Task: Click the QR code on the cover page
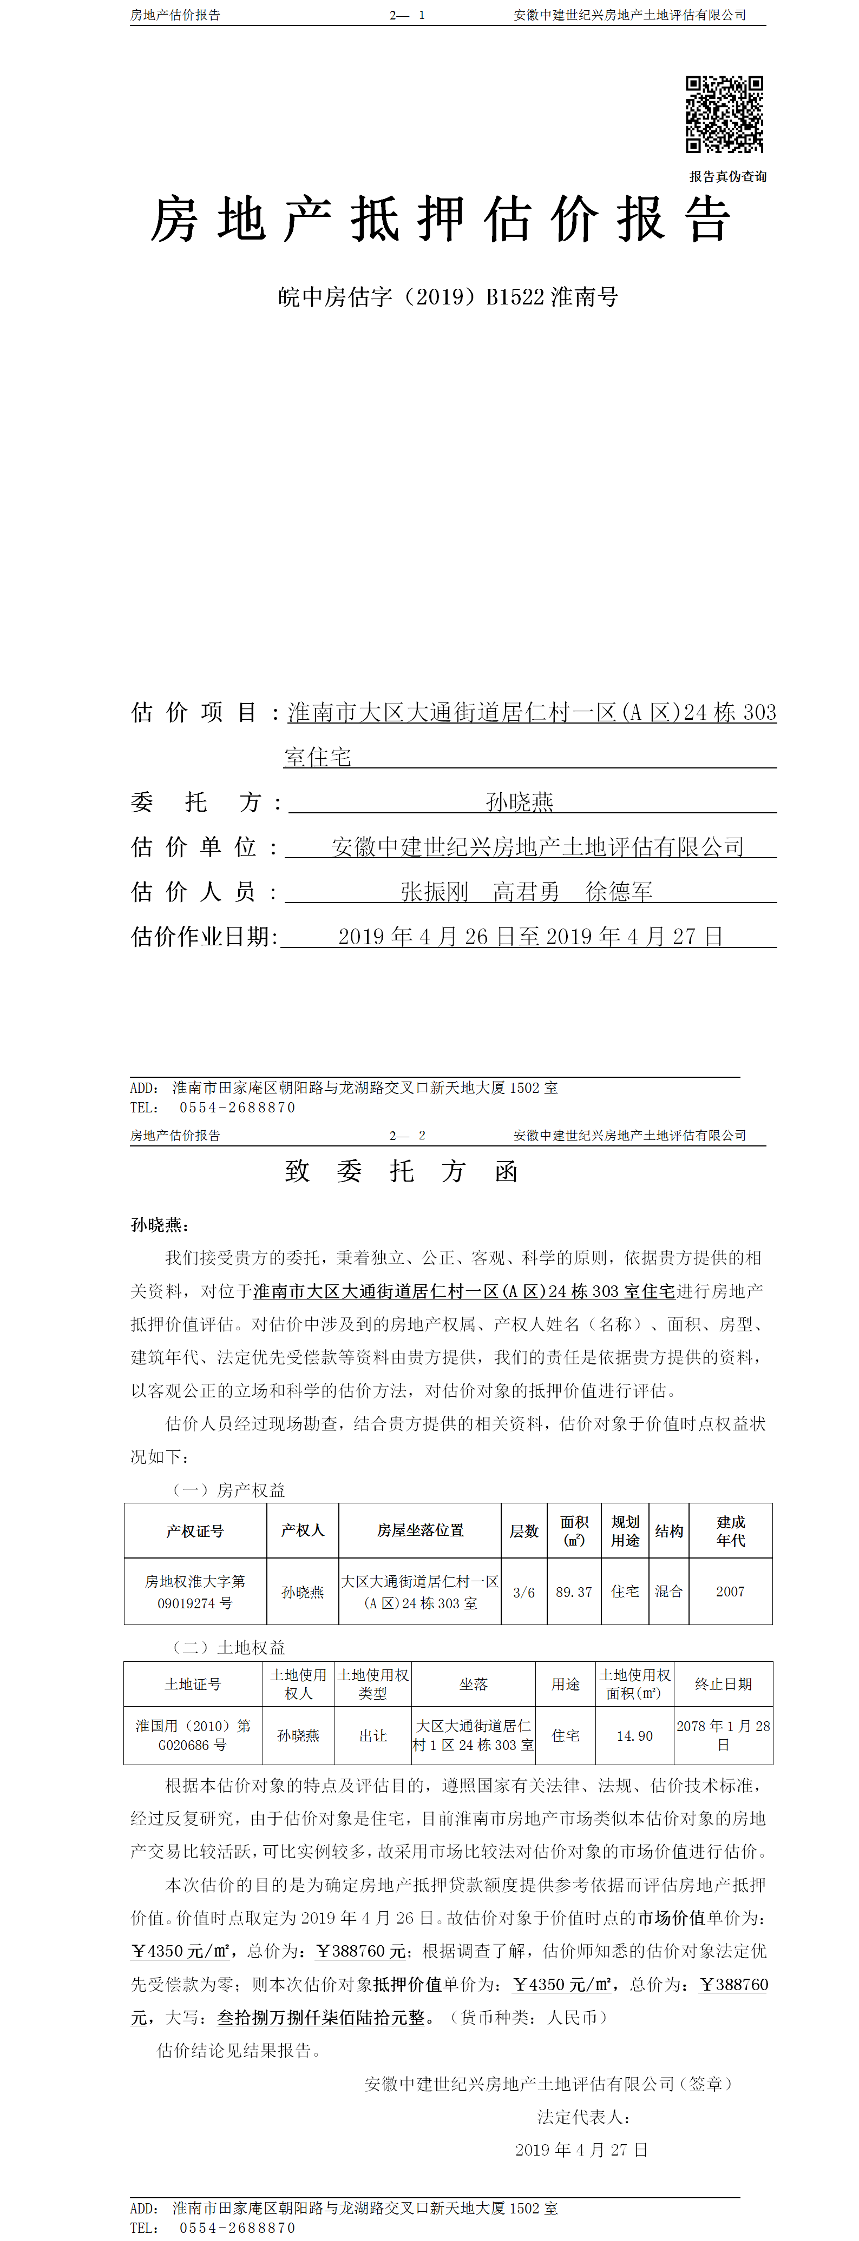[x=724, y=114]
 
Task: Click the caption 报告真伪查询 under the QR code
[x=727, y=177]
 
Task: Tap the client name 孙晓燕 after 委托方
[x=520, y=801]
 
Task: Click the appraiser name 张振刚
[x=434, y=892]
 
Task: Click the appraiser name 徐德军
[x=619, y=892]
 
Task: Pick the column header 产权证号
[x=195, y=1531]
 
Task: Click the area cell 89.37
[x=574, y=1592]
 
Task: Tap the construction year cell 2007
[x=730, y=1592]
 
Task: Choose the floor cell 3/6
[x=524, y=1592]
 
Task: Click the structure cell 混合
[x=668, y=1592]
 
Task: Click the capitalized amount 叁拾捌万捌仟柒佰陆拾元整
[x=321, y=2018]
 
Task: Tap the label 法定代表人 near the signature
[x=582, y=2117]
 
